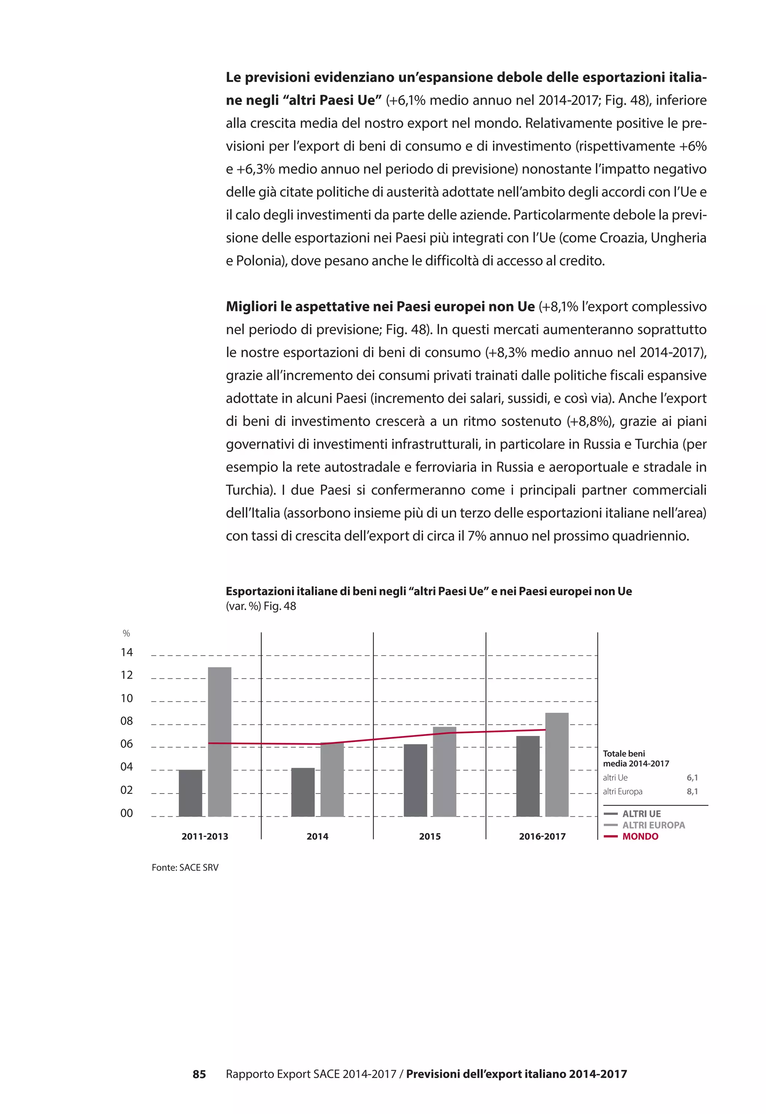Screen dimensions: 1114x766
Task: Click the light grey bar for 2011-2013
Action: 219,741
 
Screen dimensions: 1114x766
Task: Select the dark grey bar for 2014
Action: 303,792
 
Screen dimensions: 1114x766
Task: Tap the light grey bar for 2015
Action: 444,771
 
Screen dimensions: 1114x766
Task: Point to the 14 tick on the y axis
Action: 127,652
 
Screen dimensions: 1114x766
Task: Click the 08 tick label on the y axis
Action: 127,721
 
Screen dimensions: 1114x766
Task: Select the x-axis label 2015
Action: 429,836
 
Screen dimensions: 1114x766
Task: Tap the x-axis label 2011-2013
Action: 205,836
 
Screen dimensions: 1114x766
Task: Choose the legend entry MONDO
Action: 640,836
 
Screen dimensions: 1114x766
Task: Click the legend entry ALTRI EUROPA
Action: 653,825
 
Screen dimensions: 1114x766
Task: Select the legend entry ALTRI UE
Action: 641,814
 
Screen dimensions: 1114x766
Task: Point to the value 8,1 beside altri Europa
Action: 692,791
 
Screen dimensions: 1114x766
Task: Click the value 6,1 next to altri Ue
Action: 692,777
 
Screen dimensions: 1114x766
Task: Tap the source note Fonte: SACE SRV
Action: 185,868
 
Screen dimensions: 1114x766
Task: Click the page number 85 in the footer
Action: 199,1074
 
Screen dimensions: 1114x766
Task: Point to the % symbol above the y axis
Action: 126,633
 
